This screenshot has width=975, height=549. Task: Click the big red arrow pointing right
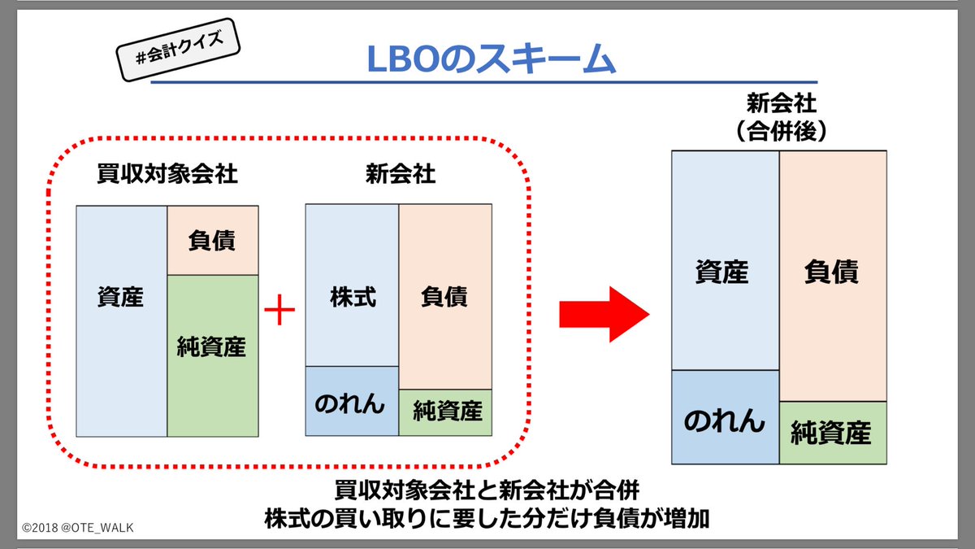point(603,313)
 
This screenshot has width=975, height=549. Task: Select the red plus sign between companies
point(279,313)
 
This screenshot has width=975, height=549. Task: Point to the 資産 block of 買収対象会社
point(121,321)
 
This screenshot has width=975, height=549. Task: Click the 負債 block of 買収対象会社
point(211,241)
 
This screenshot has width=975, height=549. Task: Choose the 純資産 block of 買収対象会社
point(211,355)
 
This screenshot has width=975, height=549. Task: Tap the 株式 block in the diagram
point(352,285)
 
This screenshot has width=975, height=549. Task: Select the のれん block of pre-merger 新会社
point(352,402)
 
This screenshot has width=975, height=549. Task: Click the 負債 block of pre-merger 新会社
point(444,297)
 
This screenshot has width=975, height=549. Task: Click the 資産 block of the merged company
point(725,260)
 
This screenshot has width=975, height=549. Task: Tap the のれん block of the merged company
point(725,417)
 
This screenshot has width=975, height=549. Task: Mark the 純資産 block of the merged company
point(832,433)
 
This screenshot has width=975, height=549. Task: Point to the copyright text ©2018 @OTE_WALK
point(78,528)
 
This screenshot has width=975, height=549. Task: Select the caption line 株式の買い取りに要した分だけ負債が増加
point(487,518)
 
